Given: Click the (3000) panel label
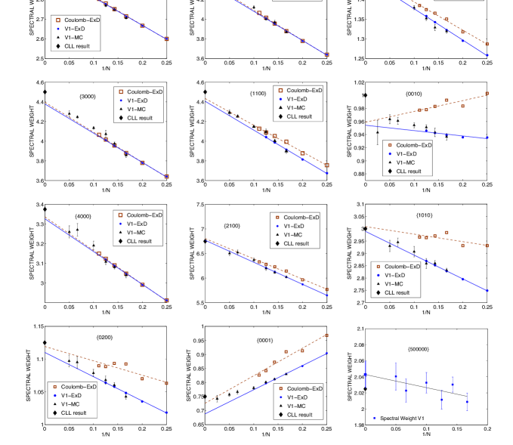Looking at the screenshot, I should pyautogui.click(x=88, y=97).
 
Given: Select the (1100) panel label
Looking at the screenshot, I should pyautogui.click(x=258, y=93).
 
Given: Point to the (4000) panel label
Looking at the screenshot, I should pyautogui.click(x=83, y=217).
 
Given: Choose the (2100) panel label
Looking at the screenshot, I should pyautogui.click(x=232, y=226).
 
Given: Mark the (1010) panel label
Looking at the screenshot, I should pyautogui.click(x=424, y=215).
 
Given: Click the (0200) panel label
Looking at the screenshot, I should pyautogui.click(x=104, y=337).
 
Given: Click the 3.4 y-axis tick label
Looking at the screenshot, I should pyautogui.click(x=39, y=205).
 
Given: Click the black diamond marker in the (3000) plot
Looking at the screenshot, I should pyautogui.click(x=45, y=92).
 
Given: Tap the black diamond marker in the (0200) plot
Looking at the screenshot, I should pyautogui.click(x=45, y=342).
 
